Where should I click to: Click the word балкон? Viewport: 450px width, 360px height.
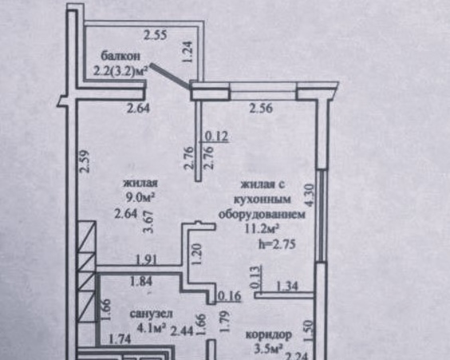click(120, 56)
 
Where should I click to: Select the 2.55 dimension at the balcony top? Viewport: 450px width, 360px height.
click(156, 35)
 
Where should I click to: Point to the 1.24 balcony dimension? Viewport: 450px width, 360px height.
click(187, 52)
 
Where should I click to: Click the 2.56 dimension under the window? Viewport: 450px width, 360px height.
click(261, 109)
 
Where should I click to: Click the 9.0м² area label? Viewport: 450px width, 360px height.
click(140, 197)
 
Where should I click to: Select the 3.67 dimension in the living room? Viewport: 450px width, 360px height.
click(150, 222)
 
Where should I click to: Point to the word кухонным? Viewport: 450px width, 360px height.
click(262, 199)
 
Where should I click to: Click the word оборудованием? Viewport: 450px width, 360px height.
click(262, 214)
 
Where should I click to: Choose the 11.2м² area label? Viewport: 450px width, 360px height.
click(262, 229)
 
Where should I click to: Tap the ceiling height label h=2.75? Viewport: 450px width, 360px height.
click(277, 244)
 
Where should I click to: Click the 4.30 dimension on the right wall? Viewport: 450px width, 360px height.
click(310, 196)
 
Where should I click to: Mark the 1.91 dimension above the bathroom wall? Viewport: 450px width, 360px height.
click(146, 259)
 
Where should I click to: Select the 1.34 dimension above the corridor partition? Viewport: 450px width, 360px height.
click(287, 286)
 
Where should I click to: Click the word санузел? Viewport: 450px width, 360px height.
click(152, 314)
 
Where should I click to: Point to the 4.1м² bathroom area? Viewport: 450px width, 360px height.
click(152, 327)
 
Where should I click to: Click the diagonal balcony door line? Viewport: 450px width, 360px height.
click(170, 76)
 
